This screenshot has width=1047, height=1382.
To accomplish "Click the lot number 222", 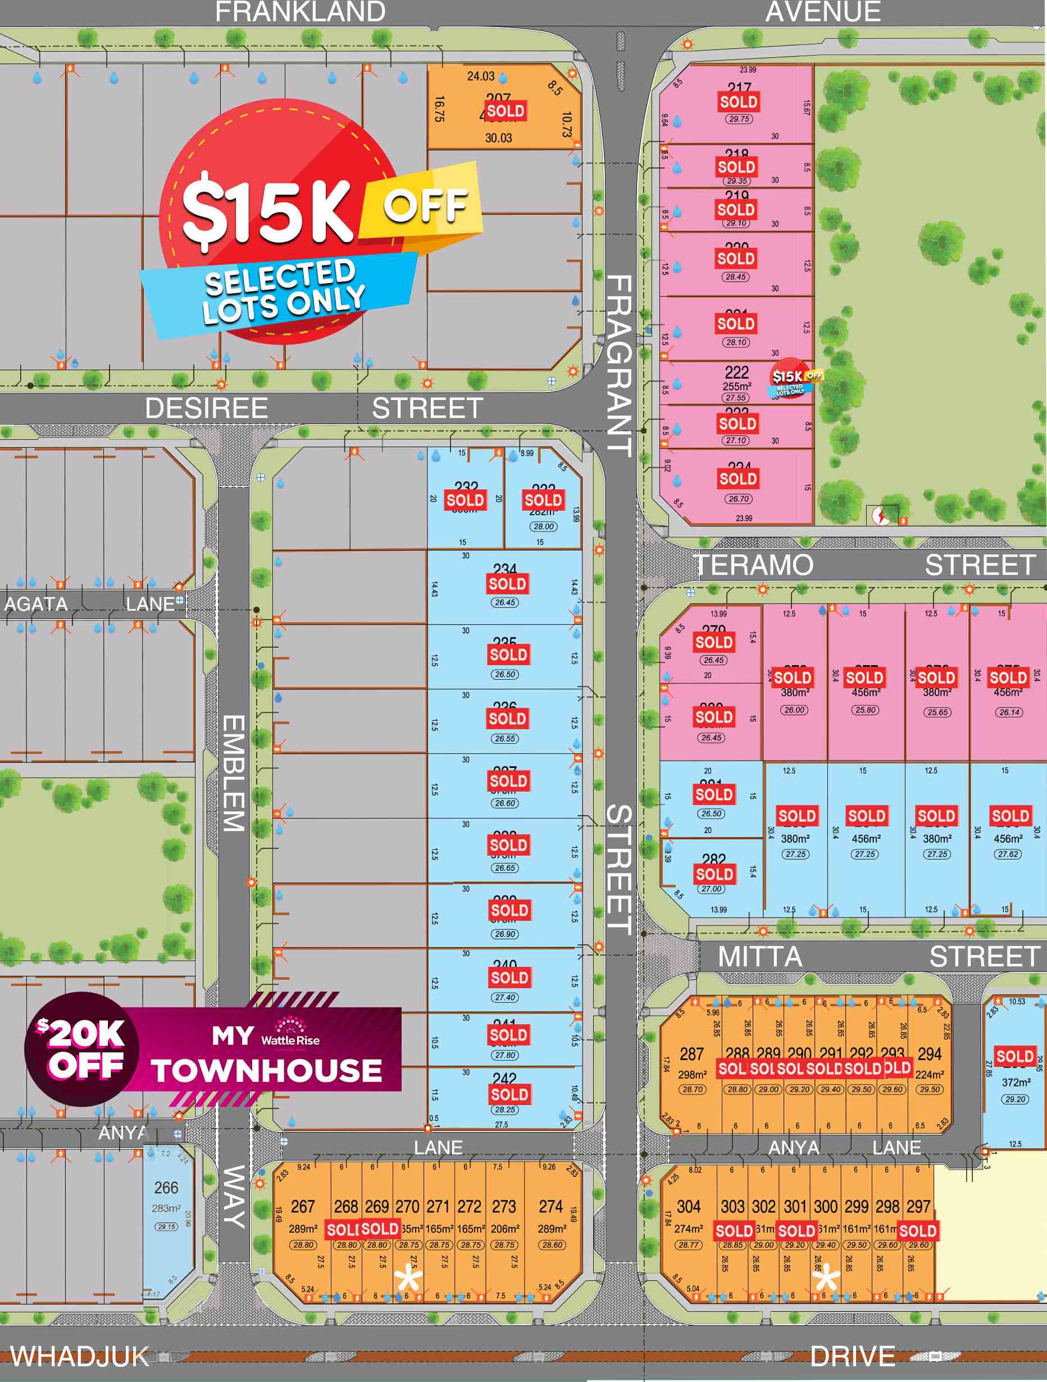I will coord(736,372).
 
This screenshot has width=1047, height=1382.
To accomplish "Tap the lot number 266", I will coord(166,1188).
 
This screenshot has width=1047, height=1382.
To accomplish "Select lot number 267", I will coord(303,1206).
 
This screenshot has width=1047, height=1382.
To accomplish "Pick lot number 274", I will coord(551,1206).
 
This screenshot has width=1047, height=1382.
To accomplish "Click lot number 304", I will coord(689,1206).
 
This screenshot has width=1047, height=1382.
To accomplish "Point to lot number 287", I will coord(691,1054).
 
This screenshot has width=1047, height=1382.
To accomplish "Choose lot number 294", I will coord(930,1054).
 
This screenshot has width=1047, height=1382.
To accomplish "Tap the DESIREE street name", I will coord(206,408).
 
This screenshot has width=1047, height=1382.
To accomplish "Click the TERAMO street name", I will coord(755,565).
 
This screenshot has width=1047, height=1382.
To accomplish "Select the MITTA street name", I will coord(759,957).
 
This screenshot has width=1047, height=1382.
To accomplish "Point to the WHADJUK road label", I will coord(80,1357).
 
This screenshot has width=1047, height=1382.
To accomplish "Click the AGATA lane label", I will coord(37,604).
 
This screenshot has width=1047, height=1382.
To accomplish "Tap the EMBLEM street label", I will coord(234,773).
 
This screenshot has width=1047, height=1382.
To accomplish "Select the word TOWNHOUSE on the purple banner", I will coord(267,1071).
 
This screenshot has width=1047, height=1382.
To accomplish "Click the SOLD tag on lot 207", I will coord(506,111).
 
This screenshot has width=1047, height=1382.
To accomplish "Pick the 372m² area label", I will coord(1015,1082).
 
